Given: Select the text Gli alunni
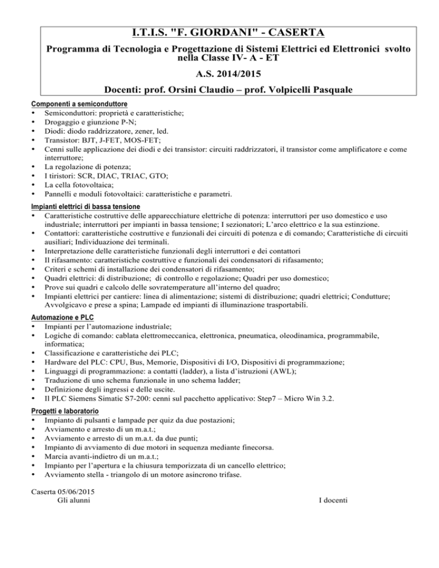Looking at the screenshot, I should pos(73,501).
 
